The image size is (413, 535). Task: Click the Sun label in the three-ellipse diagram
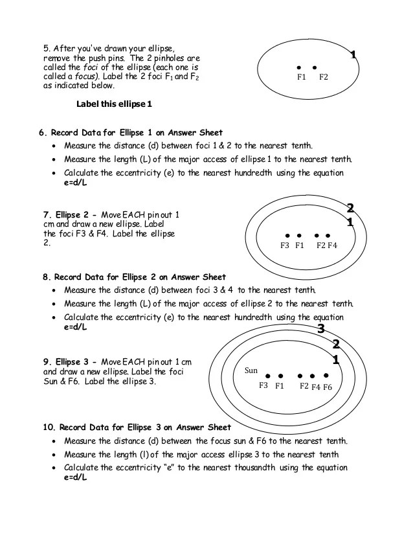[252, 371]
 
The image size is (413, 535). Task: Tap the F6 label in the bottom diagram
[327, 387]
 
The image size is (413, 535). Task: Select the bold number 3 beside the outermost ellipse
[320, 329]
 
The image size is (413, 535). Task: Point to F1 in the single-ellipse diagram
[301, 77]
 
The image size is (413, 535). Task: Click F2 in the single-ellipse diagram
[324, 77]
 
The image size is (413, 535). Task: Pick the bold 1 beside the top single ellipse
[353, 56]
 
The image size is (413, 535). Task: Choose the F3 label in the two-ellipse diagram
[285, 245]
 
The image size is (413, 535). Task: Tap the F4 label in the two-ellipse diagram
[333, 245]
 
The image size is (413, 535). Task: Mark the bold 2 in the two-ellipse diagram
[350, 209]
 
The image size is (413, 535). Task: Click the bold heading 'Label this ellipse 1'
[114, 104]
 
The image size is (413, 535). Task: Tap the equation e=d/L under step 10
[76, 477]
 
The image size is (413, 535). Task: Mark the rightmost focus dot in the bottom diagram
[326, 376]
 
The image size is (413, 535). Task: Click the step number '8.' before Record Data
[47, 277]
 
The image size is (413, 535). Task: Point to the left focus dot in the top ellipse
[299, 67]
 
